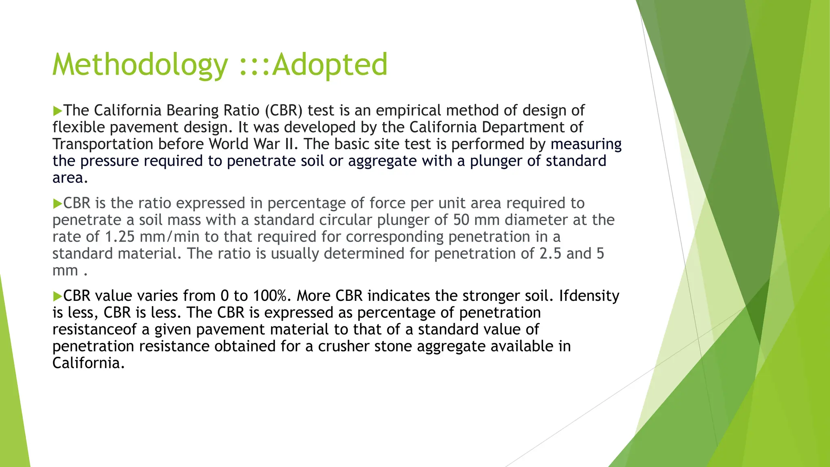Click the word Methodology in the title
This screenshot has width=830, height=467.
140,65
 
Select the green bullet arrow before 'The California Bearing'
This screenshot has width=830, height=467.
57,111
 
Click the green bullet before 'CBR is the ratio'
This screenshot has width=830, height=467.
57,204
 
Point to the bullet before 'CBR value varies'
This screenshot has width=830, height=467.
57,296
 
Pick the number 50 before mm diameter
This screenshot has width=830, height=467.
461,220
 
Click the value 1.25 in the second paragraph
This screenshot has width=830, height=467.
120,237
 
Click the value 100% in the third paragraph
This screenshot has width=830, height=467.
270,296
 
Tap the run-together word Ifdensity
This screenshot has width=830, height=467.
589,296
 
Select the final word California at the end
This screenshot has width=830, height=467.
88,363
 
